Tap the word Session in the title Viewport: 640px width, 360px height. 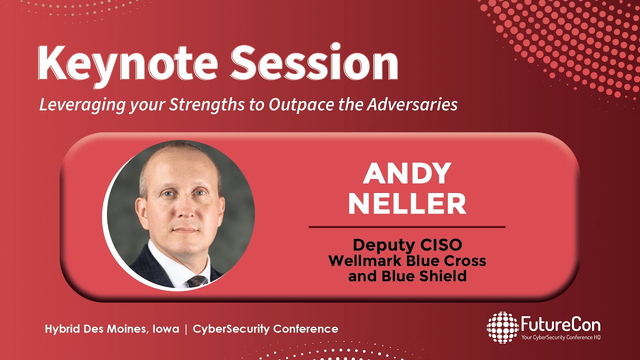313,64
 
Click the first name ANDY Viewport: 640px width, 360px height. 407,173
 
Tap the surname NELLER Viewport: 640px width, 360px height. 407,203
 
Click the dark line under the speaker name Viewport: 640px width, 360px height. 407,227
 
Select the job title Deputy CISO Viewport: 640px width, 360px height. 407,245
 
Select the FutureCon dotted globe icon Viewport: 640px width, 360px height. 502,327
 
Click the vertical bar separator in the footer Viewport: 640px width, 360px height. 186,329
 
